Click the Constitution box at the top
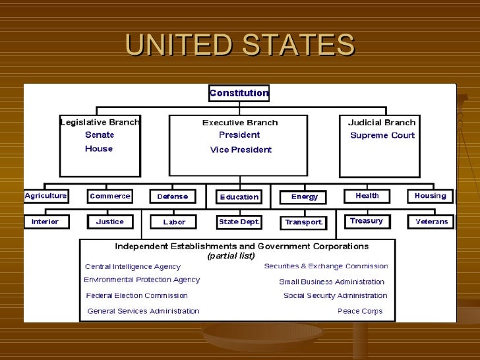coord(239,93)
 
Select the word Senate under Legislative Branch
coord(100,135)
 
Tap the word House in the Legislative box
coord(99,149)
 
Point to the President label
coord(239,135)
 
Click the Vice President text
coord(241,150)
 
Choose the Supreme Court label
coord(382,136)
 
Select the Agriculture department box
coord(45,196)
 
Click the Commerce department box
coord(110,196)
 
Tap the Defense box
coord(172,196)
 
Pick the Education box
coord(239,197)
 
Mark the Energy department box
coord(304,196)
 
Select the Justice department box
coord(109,222)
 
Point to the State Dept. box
coord(239,222)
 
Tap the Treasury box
coord(367,222)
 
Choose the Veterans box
coord(431,222)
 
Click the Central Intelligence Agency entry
coord(133,267)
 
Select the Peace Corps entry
coord(359,311)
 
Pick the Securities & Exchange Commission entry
coord(326,266)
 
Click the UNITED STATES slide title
coord(240,45)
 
